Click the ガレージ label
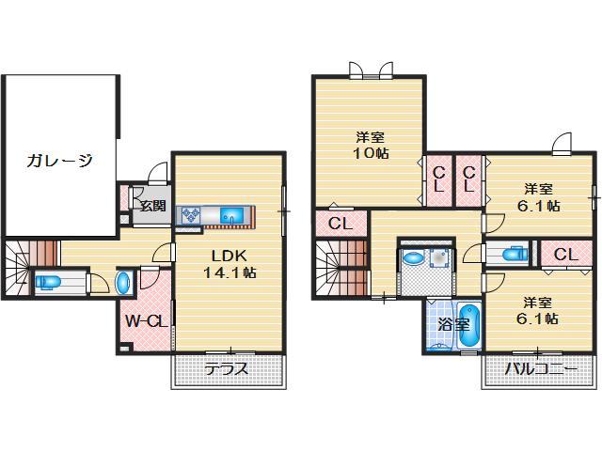click(x=58, y=160)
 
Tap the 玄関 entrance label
click(x=152, y=206)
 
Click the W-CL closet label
click(x=146, y=321)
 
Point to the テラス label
click(x=227, y=369)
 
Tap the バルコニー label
click(x=541, y=369)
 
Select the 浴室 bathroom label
click(x=453, y=325)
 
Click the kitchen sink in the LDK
click(x=231, y=217)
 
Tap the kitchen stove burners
click(x=194, y=216)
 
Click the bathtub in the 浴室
click(x=468, y=325)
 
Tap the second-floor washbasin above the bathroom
click(x=414, y=258)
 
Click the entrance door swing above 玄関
click(x=158, y=173)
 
